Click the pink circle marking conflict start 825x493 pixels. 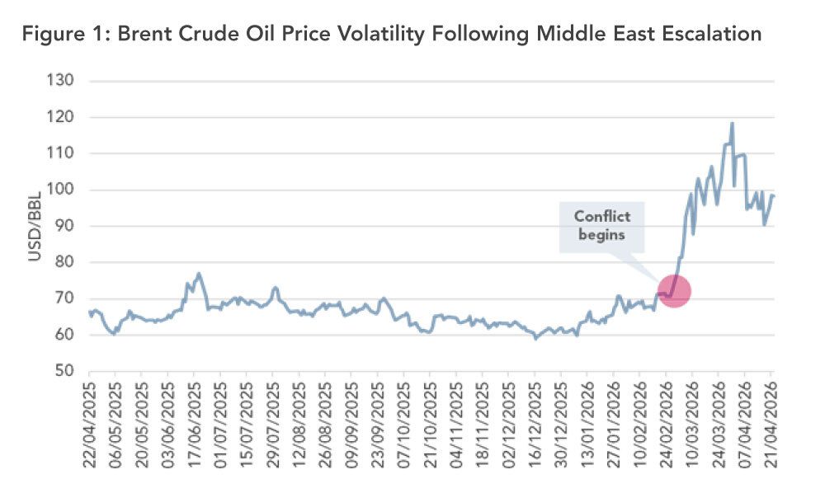(674, 291)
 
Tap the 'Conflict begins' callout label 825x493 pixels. (601, 224)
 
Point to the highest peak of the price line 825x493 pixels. (732, 124)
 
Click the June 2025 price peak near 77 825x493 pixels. (199, 274)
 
